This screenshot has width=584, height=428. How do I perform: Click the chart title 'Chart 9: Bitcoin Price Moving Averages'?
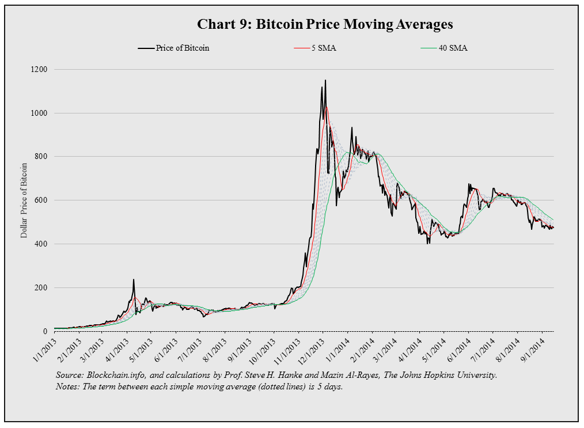(325, 24)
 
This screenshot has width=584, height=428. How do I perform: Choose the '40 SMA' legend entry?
(453, 48)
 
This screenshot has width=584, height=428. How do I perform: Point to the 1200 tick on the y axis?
(42, 69)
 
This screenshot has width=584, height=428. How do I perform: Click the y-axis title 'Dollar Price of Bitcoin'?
(24, 199)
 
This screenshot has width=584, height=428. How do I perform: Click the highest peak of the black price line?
(325, 81)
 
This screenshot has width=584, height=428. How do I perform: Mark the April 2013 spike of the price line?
(134, 280)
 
